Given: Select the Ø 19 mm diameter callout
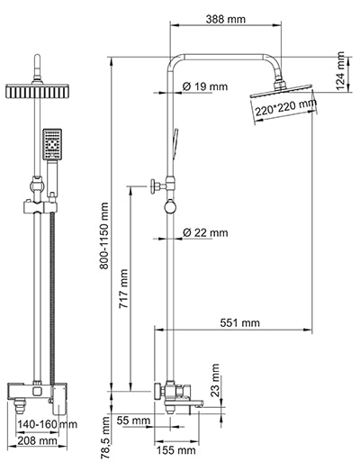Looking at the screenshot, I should (x=205, y=86).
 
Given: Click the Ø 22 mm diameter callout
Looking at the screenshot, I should (x=205, y=232).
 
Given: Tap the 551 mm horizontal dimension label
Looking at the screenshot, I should (x=239, y=322).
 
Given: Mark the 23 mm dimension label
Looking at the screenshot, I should (x=215, y=378).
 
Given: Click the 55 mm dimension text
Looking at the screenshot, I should (x=133, y=421).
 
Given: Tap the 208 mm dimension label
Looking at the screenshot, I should (x=40, y=441).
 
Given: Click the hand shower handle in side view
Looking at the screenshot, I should (x=175, y=142).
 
